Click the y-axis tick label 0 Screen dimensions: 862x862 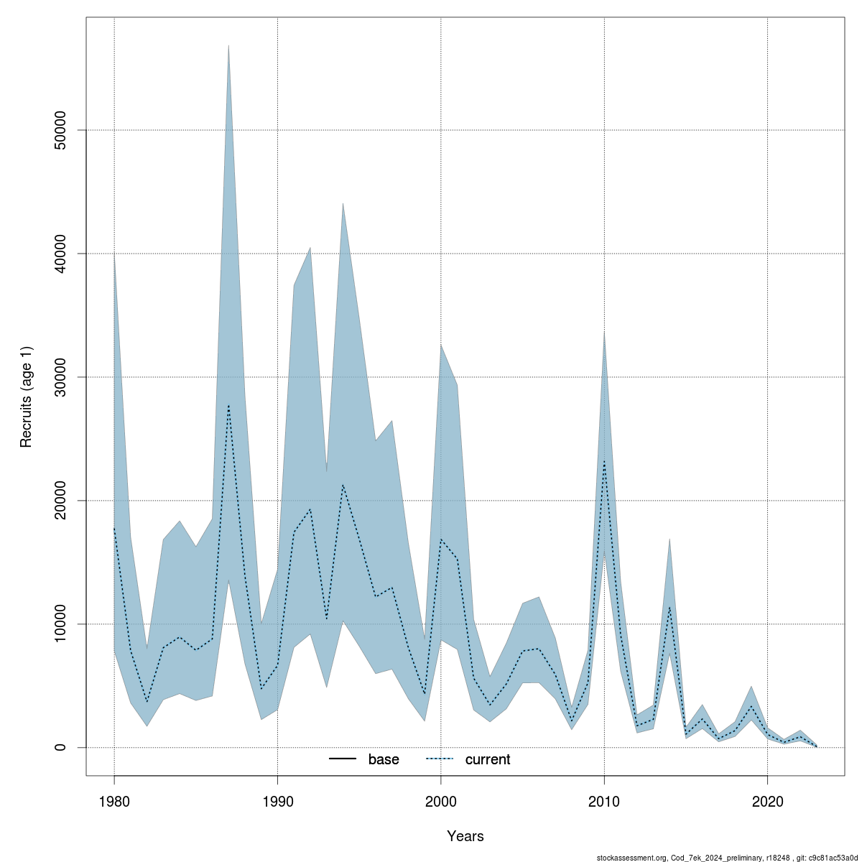(60, 747)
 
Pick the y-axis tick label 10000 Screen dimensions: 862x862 (60, 624)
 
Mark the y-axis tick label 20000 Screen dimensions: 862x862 (60, 500)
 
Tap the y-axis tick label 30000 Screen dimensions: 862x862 (60, 376)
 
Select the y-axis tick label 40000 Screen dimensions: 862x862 (60, 253)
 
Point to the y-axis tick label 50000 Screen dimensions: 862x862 (60, 129)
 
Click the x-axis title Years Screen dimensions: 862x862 (465, 836)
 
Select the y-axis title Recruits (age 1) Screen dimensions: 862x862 (27, 397)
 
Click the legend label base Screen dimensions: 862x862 (384, 759)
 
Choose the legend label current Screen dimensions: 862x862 (488, 759)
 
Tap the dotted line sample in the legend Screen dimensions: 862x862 (440, 759)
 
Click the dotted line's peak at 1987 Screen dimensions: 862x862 (228, 405)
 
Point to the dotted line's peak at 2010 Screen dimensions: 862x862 (604, 461)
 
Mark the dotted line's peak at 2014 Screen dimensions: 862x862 (669, 607)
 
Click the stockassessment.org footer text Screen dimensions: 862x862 (728, 857)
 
